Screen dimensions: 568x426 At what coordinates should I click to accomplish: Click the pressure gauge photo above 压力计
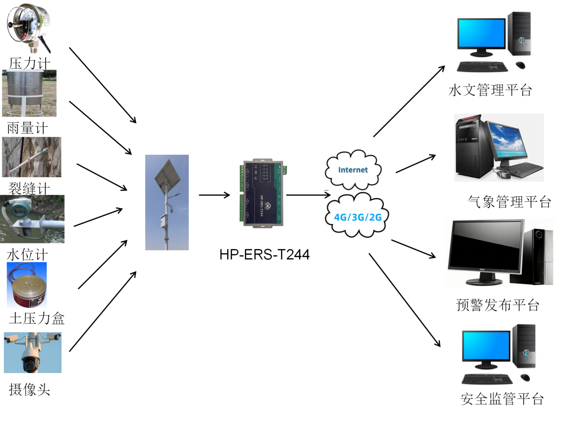29,28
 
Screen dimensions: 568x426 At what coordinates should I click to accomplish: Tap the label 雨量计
27,128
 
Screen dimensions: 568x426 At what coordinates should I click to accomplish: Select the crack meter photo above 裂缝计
31,157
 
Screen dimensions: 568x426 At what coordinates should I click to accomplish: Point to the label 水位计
27,254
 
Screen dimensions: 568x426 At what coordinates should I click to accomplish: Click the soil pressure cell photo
27,285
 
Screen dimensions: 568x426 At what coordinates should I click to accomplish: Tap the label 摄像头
30,390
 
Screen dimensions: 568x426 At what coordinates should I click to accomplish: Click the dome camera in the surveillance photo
31,361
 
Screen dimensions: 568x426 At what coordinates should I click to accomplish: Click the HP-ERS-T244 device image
263,193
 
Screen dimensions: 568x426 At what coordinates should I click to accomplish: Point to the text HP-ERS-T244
264,254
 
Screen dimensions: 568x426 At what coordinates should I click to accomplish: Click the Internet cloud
353,170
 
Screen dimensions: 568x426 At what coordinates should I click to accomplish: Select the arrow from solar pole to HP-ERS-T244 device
215,195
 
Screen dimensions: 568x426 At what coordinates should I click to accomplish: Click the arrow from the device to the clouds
308,195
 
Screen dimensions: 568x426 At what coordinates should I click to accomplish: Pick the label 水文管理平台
490,90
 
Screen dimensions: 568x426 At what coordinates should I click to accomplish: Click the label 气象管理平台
509,202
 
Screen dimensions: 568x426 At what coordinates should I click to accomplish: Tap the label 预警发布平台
498,305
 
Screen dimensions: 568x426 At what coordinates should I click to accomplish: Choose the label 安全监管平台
502,399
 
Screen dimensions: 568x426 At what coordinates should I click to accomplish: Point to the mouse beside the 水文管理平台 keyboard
520,65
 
